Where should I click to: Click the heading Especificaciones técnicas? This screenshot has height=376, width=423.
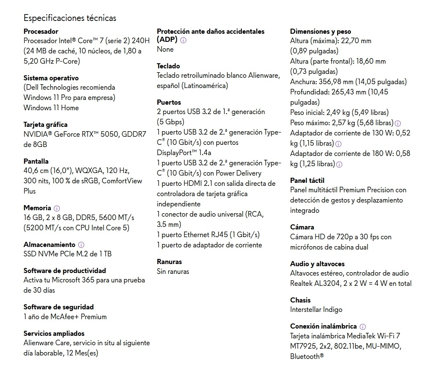70,18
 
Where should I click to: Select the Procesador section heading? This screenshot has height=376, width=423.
41,31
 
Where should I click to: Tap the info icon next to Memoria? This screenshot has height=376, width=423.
57,208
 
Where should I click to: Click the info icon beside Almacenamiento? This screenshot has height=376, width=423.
81,245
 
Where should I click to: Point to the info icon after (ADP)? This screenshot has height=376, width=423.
183,40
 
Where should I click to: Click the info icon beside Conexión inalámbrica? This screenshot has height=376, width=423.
363,326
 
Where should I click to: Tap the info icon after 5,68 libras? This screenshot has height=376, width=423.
398,123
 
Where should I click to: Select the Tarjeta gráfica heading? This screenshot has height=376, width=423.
45,124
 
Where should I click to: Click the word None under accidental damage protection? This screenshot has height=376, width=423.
165,50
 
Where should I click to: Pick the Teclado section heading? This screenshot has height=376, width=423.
168,66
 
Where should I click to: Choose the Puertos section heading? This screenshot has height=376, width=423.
169,102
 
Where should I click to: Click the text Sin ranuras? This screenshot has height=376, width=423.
173,271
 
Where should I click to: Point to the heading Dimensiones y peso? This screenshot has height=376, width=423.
320,31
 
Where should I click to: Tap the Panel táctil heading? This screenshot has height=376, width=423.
307,180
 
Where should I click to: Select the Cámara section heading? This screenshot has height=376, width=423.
302,227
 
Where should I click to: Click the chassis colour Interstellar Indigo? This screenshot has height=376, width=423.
316,310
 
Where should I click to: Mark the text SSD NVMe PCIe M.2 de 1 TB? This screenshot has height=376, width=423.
68,254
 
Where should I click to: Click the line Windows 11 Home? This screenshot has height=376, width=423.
51,108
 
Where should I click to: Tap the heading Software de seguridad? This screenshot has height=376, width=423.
59,307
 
